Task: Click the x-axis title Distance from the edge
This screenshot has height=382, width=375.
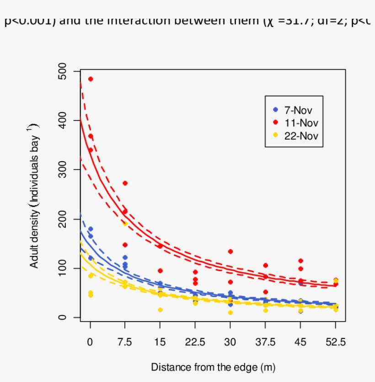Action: (x=213, y=367)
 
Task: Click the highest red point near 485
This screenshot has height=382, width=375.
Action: (x=91, y=79)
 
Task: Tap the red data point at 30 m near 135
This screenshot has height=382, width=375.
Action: (x=230, y=251)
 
